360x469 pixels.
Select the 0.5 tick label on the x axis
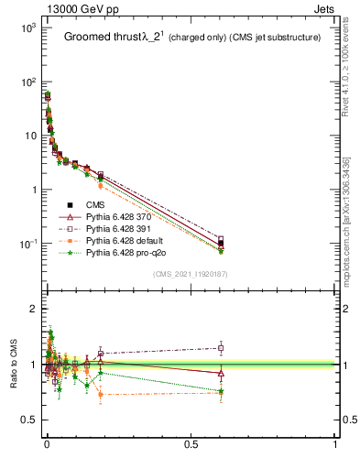pyautogui.click(x=191, y=444)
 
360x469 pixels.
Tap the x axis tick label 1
pyautogui.click(x=335, y=444)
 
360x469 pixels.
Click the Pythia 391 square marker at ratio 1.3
pyautogui.click(x=220, y=347)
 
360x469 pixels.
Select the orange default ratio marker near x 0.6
pyautogui.click(x=220, y=393)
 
